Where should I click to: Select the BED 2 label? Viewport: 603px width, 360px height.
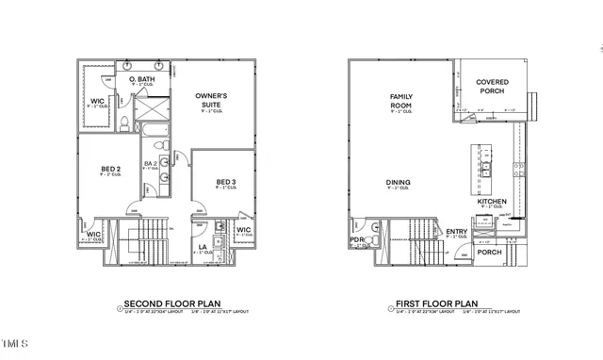[111, 170]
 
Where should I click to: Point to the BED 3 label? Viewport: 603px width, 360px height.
[224, 182]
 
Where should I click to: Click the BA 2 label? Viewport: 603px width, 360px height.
[149, 163]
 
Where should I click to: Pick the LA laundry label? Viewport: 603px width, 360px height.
[202, 248]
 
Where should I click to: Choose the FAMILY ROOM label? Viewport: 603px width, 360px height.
[402, 101]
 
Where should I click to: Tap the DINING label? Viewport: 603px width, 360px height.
[398, 183]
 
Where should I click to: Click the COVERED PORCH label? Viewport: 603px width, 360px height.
[492, 87]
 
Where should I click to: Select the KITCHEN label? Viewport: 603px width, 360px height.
[492, 202]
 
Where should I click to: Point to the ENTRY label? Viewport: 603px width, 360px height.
[457, 232]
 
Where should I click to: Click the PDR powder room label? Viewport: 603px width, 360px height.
[356, 239]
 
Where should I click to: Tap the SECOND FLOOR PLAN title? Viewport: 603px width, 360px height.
[164, 304]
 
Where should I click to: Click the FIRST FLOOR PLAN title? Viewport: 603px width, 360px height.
[432, 304]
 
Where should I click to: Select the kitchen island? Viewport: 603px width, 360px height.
[481, 169]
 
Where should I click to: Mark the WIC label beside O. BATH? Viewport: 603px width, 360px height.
[96, 102]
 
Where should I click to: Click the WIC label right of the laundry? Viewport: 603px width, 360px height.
[243, 230]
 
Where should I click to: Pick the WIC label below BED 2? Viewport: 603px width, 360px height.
[93, 236]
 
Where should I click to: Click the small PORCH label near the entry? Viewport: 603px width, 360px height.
[489, 252]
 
